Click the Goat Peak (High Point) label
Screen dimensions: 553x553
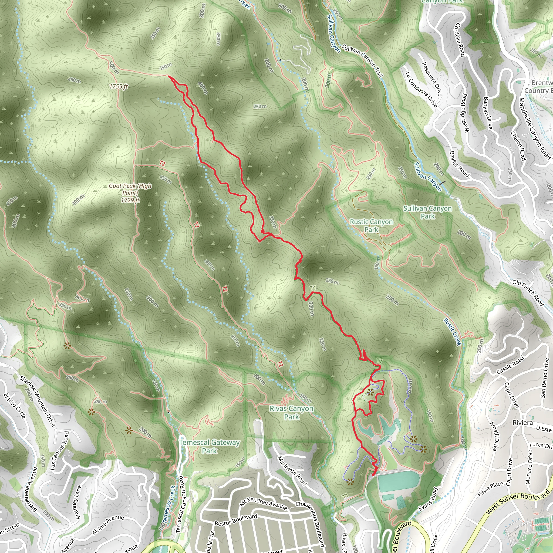tap(130, 193)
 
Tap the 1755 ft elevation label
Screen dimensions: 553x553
tap(119, 86)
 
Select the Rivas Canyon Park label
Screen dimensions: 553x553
tap(291, 413)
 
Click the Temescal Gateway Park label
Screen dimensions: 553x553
tap(209, 446)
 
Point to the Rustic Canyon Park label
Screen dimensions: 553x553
tap(371, 225)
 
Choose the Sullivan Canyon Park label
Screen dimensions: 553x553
tap(427, 212)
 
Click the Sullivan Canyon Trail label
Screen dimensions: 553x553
tap(362, 61)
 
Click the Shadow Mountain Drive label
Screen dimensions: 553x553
tap(37, 401)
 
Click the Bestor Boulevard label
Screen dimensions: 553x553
tap(236, 520)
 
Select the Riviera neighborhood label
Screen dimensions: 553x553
tap(522, 423)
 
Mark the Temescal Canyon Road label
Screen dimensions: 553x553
tap(181, 504)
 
